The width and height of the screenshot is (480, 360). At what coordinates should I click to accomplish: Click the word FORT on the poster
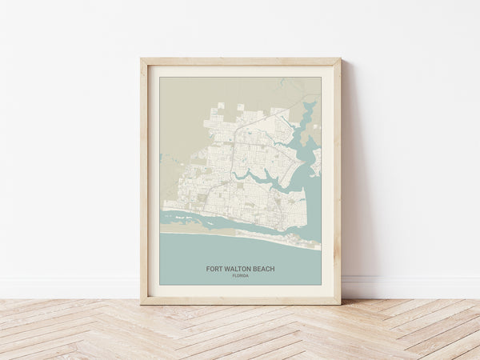214,269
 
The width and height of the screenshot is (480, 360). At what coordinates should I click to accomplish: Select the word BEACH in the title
264,269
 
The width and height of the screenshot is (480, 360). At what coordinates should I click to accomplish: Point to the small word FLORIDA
240,276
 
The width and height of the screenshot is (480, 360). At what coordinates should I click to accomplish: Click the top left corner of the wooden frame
142,59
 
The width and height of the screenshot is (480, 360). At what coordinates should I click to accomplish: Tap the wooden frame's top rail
240,62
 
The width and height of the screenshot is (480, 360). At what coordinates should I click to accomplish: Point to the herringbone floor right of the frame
408,328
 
